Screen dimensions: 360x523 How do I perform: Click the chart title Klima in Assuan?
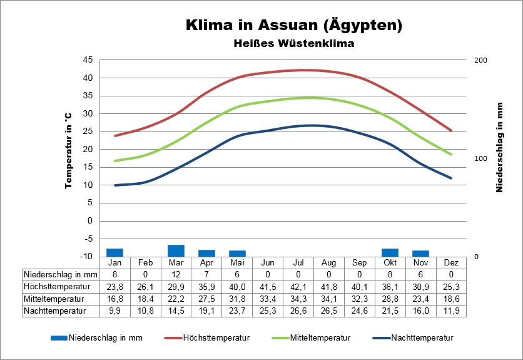click(x=293, y=26)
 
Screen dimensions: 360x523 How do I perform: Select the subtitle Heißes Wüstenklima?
click(x=293, y=44)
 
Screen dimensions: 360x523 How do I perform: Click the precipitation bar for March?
click(x=176, y=250)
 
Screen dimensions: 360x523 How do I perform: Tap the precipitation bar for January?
click(x=114, y=252)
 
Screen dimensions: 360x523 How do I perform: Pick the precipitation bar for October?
click(x=390, y=252)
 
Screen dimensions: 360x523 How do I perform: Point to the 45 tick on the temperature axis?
click(x=88, y=60)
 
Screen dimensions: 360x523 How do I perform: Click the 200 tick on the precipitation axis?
click(x=481, y=60)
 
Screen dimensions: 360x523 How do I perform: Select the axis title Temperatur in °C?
click(x=69, y=150)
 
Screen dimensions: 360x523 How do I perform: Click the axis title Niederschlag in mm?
click(x=500, y=147)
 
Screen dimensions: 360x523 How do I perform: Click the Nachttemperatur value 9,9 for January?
click(x=114, y=310)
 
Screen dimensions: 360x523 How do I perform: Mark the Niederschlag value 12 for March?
click(x=176, y=274)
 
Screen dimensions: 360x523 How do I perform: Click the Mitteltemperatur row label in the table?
click(x=55, y=298)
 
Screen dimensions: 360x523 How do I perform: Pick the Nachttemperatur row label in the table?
click(x=54, y=310)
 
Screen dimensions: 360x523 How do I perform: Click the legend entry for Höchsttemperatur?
click(x=216, y=338)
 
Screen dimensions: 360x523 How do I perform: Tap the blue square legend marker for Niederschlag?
click(x=58, y=338)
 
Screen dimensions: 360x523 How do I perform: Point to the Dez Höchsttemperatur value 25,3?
click(x=451, y=286)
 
